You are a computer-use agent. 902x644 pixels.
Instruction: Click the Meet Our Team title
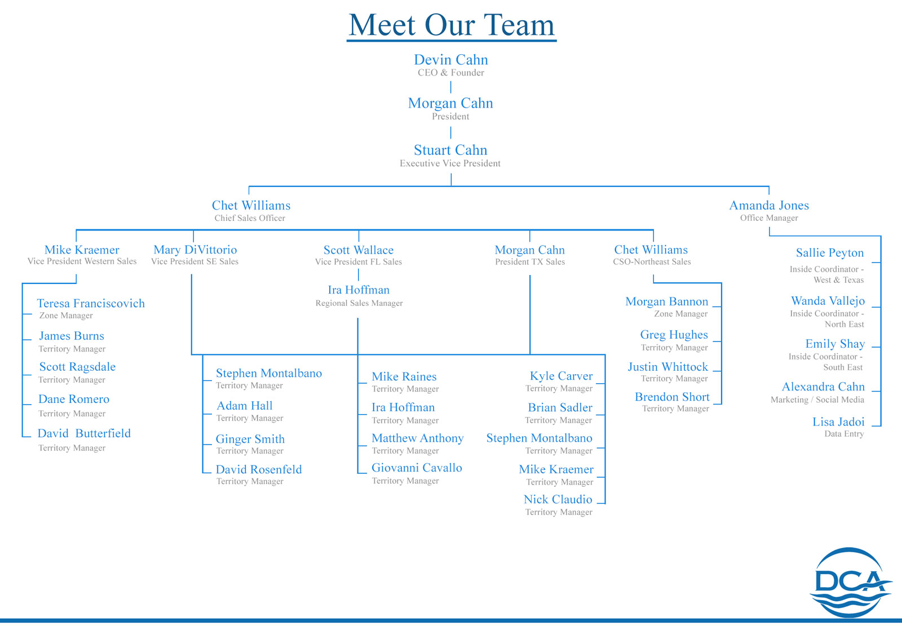point(451,25)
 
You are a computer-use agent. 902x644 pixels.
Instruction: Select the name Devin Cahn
point(451,60)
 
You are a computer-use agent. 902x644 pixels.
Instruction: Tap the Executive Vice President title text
point(450,163)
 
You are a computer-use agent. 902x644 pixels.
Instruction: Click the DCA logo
point(850,582)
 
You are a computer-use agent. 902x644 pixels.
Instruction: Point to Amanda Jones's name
point(769,206)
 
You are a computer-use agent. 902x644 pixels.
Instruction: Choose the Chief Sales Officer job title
point(250,218)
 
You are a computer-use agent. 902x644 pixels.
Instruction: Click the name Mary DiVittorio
point(195,250)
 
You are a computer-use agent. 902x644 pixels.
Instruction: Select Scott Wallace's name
point(359,250)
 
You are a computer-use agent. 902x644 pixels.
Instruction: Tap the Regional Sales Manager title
point(359,303)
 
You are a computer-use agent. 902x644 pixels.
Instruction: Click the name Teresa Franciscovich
point(91,304)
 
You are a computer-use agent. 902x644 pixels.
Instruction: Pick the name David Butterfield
point(84,433)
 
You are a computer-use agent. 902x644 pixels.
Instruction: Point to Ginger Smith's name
point(250,439)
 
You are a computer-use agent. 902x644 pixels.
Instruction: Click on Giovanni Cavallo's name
point(417,468)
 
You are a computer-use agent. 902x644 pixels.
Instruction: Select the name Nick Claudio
point(558,499)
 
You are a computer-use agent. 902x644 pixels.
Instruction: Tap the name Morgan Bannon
point(666,301)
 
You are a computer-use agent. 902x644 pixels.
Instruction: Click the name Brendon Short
point(672,397)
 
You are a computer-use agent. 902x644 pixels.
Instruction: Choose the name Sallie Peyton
point(829,253)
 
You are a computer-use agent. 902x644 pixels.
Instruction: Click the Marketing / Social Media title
point(817,399)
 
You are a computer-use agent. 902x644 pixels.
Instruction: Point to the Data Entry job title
point(843,434)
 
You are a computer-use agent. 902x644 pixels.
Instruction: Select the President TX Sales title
point(530,261)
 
